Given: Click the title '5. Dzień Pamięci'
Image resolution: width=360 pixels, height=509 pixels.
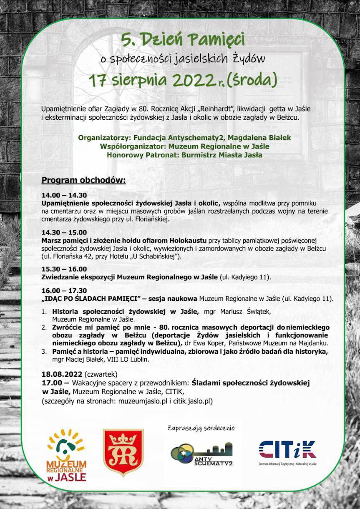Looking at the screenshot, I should point(183,40).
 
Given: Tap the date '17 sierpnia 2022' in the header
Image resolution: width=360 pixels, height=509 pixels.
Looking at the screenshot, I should point(151,80).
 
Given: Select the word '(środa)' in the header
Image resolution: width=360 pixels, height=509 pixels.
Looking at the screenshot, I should point(252,80).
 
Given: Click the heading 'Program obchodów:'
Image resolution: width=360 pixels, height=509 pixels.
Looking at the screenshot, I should point(83,181).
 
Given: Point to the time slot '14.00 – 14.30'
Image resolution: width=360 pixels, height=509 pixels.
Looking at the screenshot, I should point(64,195).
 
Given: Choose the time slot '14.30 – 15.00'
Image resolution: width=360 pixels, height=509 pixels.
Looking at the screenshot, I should point(64,232).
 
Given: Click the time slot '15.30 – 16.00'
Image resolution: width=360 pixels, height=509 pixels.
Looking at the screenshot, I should point(64,269).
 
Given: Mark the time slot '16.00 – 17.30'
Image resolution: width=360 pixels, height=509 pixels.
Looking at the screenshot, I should point(64,291).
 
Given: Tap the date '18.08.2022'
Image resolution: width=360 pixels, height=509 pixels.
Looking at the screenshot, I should point(62,373).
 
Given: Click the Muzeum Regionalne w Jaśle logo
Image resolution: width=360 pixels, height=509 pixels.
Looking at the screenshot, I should point(67,455).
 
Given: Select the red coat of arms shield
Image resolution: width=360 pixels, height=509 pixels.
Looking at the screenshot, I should point(123,452).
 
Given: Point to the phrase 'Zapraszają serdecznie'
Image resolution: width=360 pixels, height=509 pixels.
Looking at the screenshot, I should point(201,428).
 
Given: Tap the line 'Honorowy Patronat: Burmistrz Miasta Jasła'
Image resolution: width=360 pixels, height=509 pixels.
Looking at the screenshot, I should point(184,155).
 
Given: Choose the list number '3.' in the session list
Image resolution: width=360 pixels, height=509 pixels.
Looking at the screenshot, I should point(44,352).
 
